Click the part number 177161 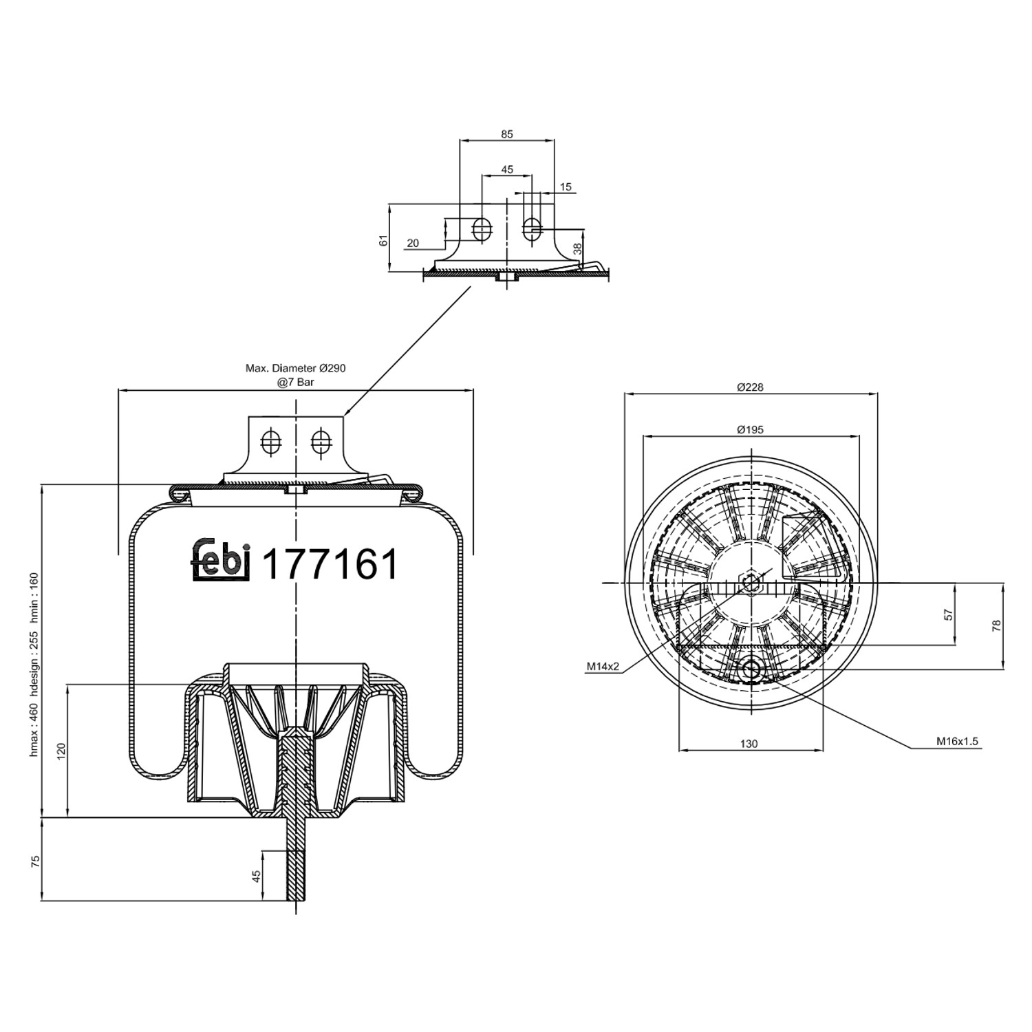click(331, 565)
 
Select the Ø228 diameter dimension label click(750, 387)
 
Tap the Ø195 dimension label click(750, 430)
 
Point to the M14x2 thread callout click(603, 666)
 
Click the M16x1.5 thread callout click(956, 742)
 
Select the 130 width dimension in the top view click(749, 744)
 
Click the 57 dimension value click(948, 614)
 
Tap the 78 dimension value click(996, 625)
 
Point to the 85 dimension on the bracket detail click(507, 135)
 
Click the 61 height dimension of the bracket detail click(385, 240)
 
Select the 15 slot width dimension click(566, 187)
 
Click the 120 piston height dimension click(61, 751)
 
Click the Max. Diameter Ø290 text click(296, 369)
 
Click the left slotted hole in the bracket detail click(482, 229)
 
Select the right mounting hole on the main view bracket click(320, 441)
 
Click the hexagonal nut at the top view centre click(751, 582)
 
